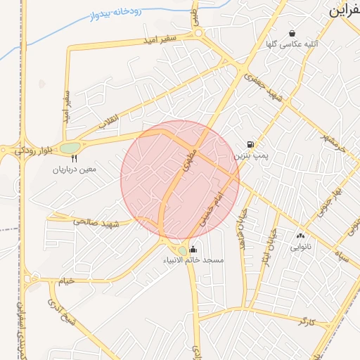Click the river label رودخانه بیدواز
[125, 14]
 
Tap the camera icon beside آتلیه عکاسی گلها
[292, 33]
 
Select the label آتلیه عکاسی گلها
[291, 45]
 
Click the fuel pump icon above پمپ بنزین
[251, 143]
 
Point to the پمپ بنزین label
[251, 153]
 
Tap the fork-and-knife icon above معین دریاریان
[75, 159]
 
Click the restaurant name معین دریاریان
[74, 169]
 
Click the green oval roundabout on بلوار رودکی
[70, 148]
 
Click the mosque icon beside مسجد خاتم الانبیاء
[193, 250]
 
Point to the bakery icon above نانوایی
[301, 236]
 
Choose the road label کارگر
[308, 321]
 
